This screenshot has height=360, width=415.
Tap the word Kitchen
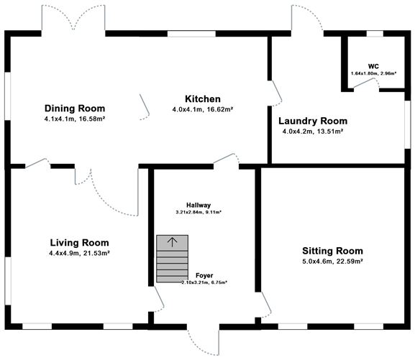click(202, 99)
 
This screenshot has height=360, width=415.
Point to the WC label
click(373, 65)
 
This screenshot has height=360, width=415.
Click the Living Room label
click(79, 242)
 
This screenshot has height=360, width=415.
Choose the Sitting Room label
click(332, 251)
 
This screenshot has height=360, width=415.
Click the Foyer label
click(204, 275)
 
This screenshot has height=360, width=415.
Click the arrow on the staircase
click(171, 241)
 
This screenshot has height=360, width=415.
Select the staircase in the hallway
click(171, 259)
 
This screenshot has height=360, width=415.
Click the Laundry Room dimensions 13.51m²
click(329, 131)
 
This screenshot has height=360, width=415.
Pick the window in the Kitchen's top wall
click(191, 33)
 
